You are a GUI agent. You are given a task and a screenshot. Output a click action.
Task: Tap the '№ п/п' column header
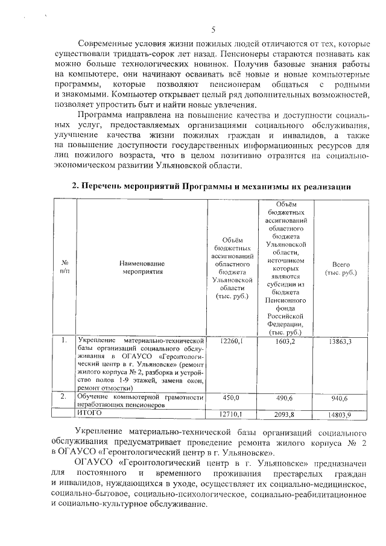coord(65,268)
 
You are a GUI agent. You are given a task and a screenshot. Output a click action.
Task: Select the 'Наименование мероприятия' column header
coord(142,268)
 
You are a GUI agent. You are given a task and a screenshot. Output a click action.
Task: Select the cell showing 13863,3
coord(340,342)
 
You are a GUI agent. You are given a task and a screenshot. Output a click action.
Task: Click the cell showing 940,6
coord(340,398)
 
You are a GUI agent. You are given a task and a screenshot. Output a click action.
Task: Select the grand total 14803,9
coord(340,414)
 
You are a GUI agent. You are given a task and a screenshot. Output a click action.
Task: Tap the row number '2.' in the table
coord(63,397)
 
